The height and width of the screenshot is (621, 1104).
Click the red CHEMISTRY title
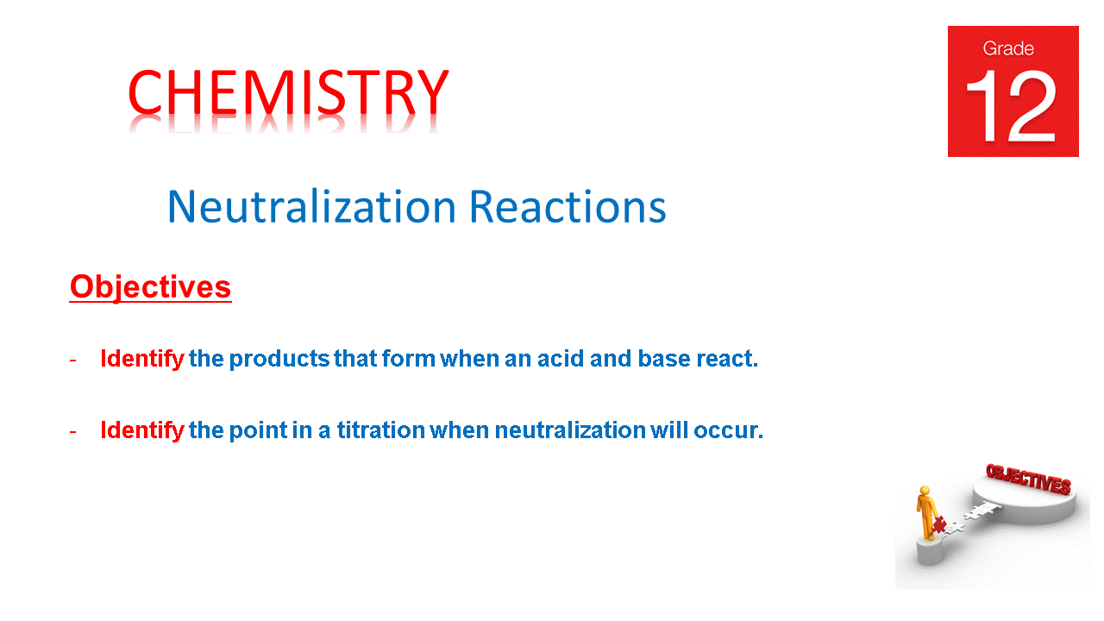tap(288, 92)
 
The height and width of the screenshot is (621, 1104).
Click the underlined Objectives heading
tap(150, 287)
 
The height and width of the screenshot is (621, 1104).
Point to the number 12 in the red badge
tap(1011, 106)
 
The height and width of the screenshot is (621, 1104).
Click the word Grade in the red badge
tap(1008, 49)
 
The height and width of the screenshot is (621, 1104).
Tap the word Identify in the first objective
tap(141, 359)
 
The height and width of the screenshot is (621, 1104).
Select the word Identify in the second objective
tap(141, 430)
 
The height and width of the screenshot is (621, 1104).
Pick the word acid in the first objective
tap(561, 359)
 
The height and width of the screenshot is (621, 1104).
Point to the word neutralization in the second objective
tap(569, 430)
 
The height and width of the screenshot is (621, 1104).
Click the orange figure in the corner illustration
tap(926, 512)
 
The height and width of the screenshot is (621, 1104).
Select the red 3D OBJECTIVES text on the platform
tap(1028, 479)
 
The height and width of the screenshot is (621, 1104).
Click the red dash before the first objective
tap(72, 359)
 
